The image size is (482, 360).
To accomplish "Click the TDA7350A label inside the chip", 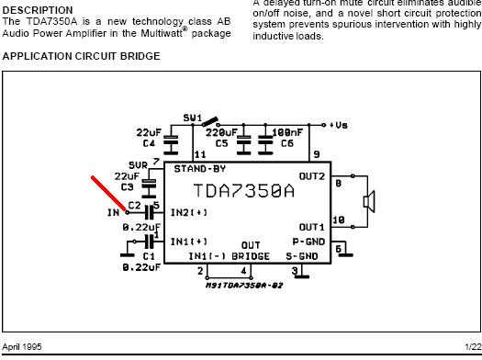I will click(x=244, y=191).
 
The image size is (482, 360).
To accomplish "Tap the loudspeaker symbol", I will click(x=369, y=200).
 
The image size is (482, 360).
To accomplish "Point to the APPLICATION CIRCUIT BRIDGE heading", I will click(x=82, y=56).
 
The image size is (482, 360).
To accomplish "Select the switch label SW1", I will click(x=192, y=118).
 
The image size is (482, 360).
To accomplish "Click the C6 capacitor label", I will click(x=287, y=143).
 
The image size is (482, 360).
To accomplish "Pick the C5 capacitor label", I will click(x=221, y=143).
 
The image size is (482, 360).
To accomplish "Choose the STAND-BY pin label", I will click(x=199, y=169).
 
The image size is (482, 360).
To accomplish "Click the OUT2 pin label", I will click(x=311, y=176).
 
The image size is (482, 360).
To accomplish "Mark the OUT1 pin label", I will click(x=311, y=227).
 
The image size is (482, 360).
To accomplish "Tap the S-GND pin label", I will click(x=302, y=255).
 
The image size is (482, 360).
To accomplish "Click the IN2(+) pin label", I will click(x=189, y=212).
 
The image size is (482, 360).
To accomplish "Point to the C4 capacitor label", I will click(x=149, y=143).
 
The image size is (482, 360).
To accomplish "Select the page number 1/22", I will click(x=469, y=346).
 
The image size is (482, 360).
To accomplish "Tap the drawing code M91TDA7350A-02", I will click(x=243, y=285).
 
